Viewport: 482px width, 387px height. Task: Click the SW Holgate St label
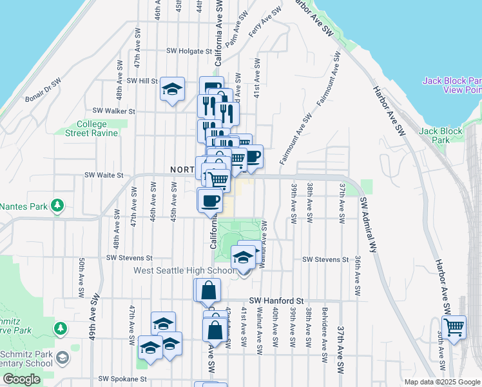click(x=189, y=50)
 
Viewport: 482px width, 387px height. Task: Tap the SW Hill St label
click(x=142, y=81)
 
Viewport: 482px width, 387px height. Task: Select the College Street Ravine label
click(x=92, y=128)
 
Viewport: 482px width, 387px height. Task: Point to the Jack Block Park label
click(x=441, y=135)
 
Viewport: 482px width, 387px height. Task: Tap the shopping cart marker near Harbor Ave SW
click(x=454, y=328)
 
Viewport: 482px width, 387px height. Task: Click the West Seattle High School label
click(x=184, y=270)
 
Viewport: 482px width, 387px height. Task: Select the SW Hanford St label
click(x=276, y=301)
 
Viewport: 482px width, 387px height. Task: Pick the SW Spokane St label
click(x=122, y=379)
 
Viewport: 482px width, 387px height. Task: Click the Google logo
click(x=21, y=379)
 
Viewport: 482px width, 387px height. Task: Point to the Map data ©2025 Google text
click(x=441, y=382)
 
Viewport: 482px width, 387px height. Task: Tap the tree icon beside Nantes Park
click(x=57, y=206)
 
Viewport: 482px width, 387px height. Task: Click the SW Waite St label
click(x=104, y=175)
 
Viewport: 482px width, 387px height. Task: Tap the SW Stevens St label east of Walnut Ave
click(x=325, y=260)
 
